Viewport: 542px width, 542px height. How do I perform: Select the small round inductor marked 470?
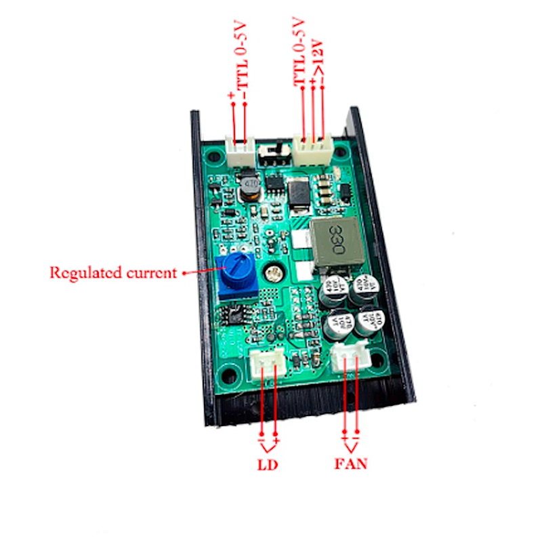250,186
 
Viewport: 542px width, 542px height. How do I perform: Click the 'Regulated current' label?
112,273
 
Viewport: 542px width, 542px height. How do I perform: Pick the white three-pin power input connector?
312,148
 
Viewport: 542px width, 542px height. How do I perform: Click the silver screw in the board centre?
275,273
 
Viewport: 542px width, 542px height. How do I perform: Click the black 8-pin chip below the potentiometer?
236,314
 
